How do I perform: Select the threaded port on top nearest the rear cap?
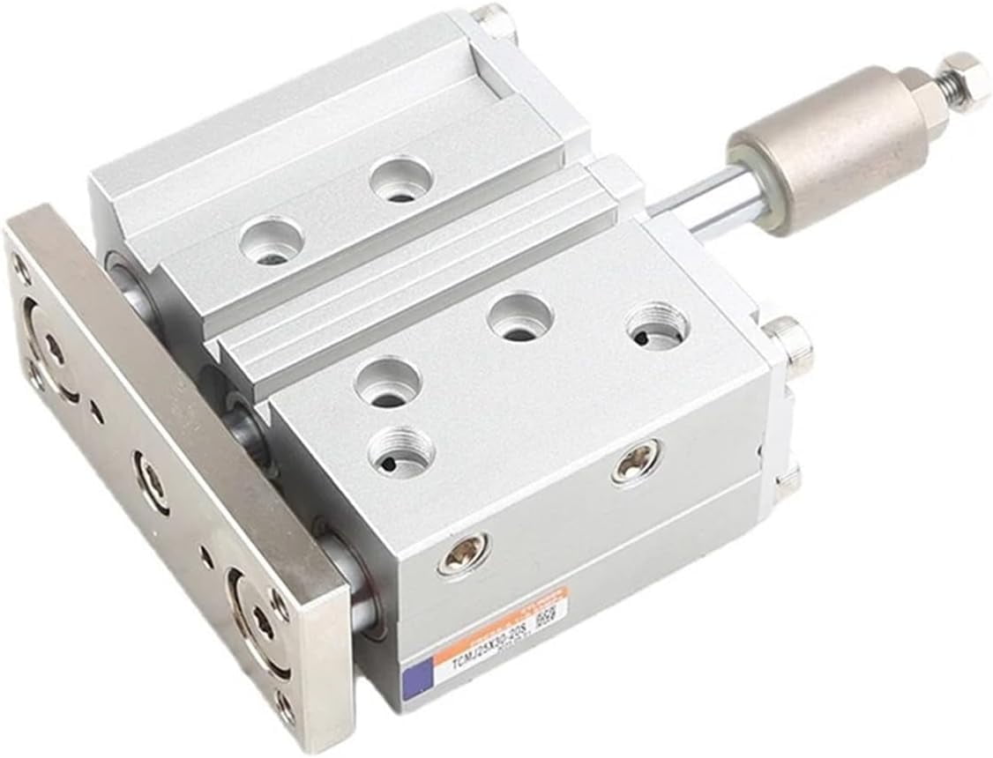click(658, 326)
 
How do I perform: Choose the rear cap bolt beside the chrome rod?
click(788, 343)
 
